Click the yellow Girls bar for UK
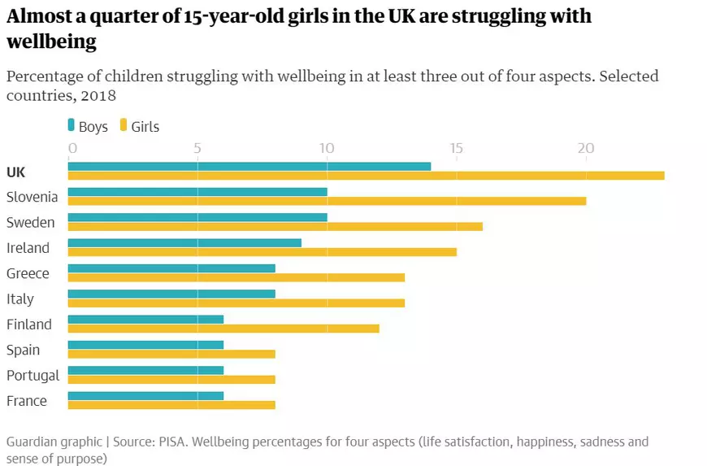[366, 176]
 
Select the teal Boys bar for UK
[249, 167]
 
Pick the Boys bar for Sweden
[197, 217]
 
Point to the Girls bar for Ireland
[262, 252]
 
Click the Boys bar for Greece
[171, 268]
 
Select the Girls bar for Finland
[223, 329]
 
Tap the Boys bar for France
[145, 396]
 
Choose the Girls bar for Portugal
[171, 379]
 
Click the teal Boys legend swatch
[71, 126]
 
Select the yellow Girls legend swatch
[124, 126]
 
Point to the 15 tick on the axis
[456, 149]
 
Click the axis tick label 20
[585, 149]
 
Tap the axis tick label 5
[197, 149]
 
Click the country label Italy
[20, 299]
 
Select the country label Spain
[23, 351]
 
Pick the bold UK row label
[15, 172]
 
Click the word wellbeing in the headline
[51, 41]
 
